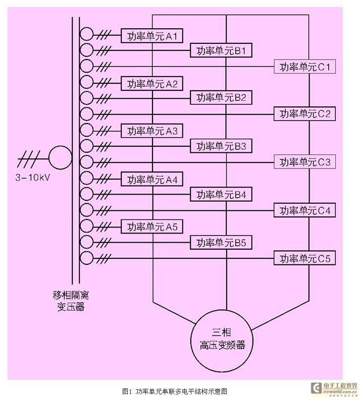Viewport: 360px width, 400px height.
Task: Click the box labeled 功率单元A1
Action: coord(152,35)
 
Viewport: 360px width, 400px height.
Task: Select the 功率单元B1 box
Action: coord(221,50)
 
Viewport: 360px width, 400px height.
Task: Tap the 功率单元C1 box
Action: coord(305,66)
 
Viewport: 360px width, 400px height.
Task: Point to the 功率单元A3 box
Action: coord(152,131)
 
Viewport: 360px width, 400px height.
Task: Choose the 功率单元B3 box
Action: coord(221,146)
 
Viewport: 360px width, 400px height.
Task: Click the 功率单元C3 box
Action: coord(305,162)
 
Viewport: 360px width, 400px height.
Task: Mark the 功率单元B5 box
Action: coord(221,243)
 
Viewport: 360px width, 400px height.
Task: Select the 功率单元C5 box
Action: coord(305,258)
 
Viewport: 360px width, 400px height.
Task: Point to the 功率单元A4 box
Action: coord(152,179)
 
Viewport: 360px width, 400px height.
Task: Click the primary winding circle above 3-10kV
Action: coord(60,157)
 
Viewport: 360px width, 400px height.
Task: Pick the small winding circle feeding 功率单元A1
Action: coord(87,35)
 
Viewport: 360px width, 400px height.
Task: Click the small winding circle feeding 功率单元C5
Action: coord(87,258)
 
